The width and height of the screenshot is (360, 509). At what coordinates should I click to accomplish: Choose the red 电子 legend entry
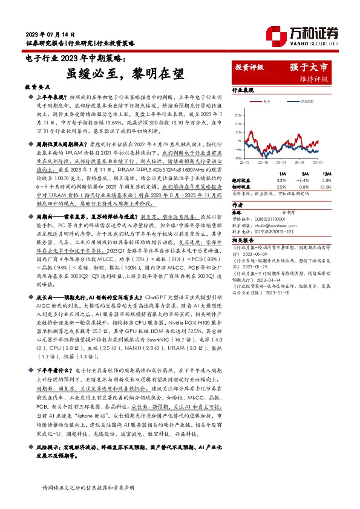[266, 102]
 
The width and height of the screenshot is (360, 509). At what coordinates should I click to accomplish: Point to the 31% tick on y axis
[239, 112]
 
